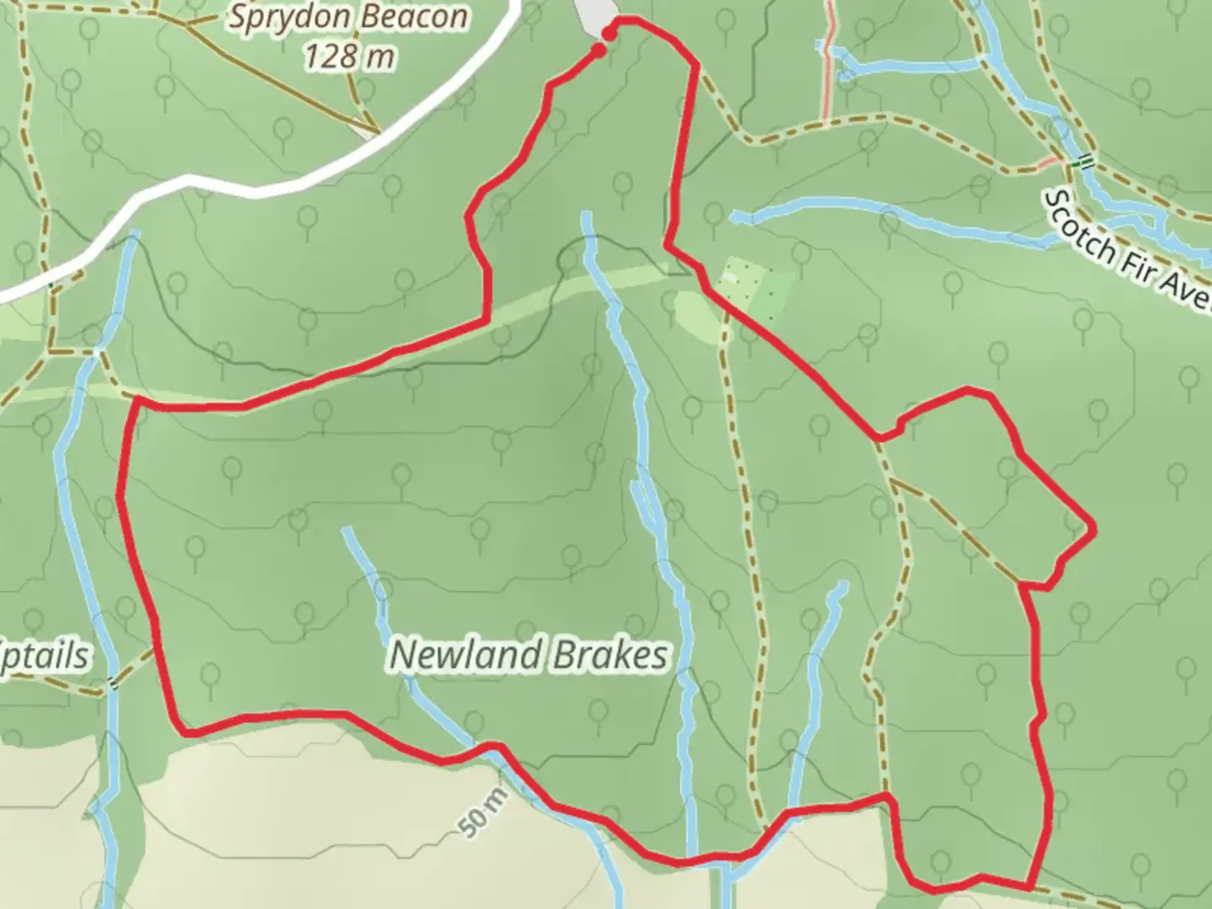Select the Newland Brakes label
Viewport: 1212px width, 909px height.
click(x=529, y=655)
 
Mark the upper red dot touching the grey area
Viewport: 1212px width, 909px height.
click(x=608, y=33)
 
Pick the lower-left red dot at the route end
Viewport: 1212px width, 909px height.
click(x=598, y=50)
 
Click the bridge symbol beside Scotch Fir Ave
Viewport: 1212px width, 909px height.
click(x=1087, y=161)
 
